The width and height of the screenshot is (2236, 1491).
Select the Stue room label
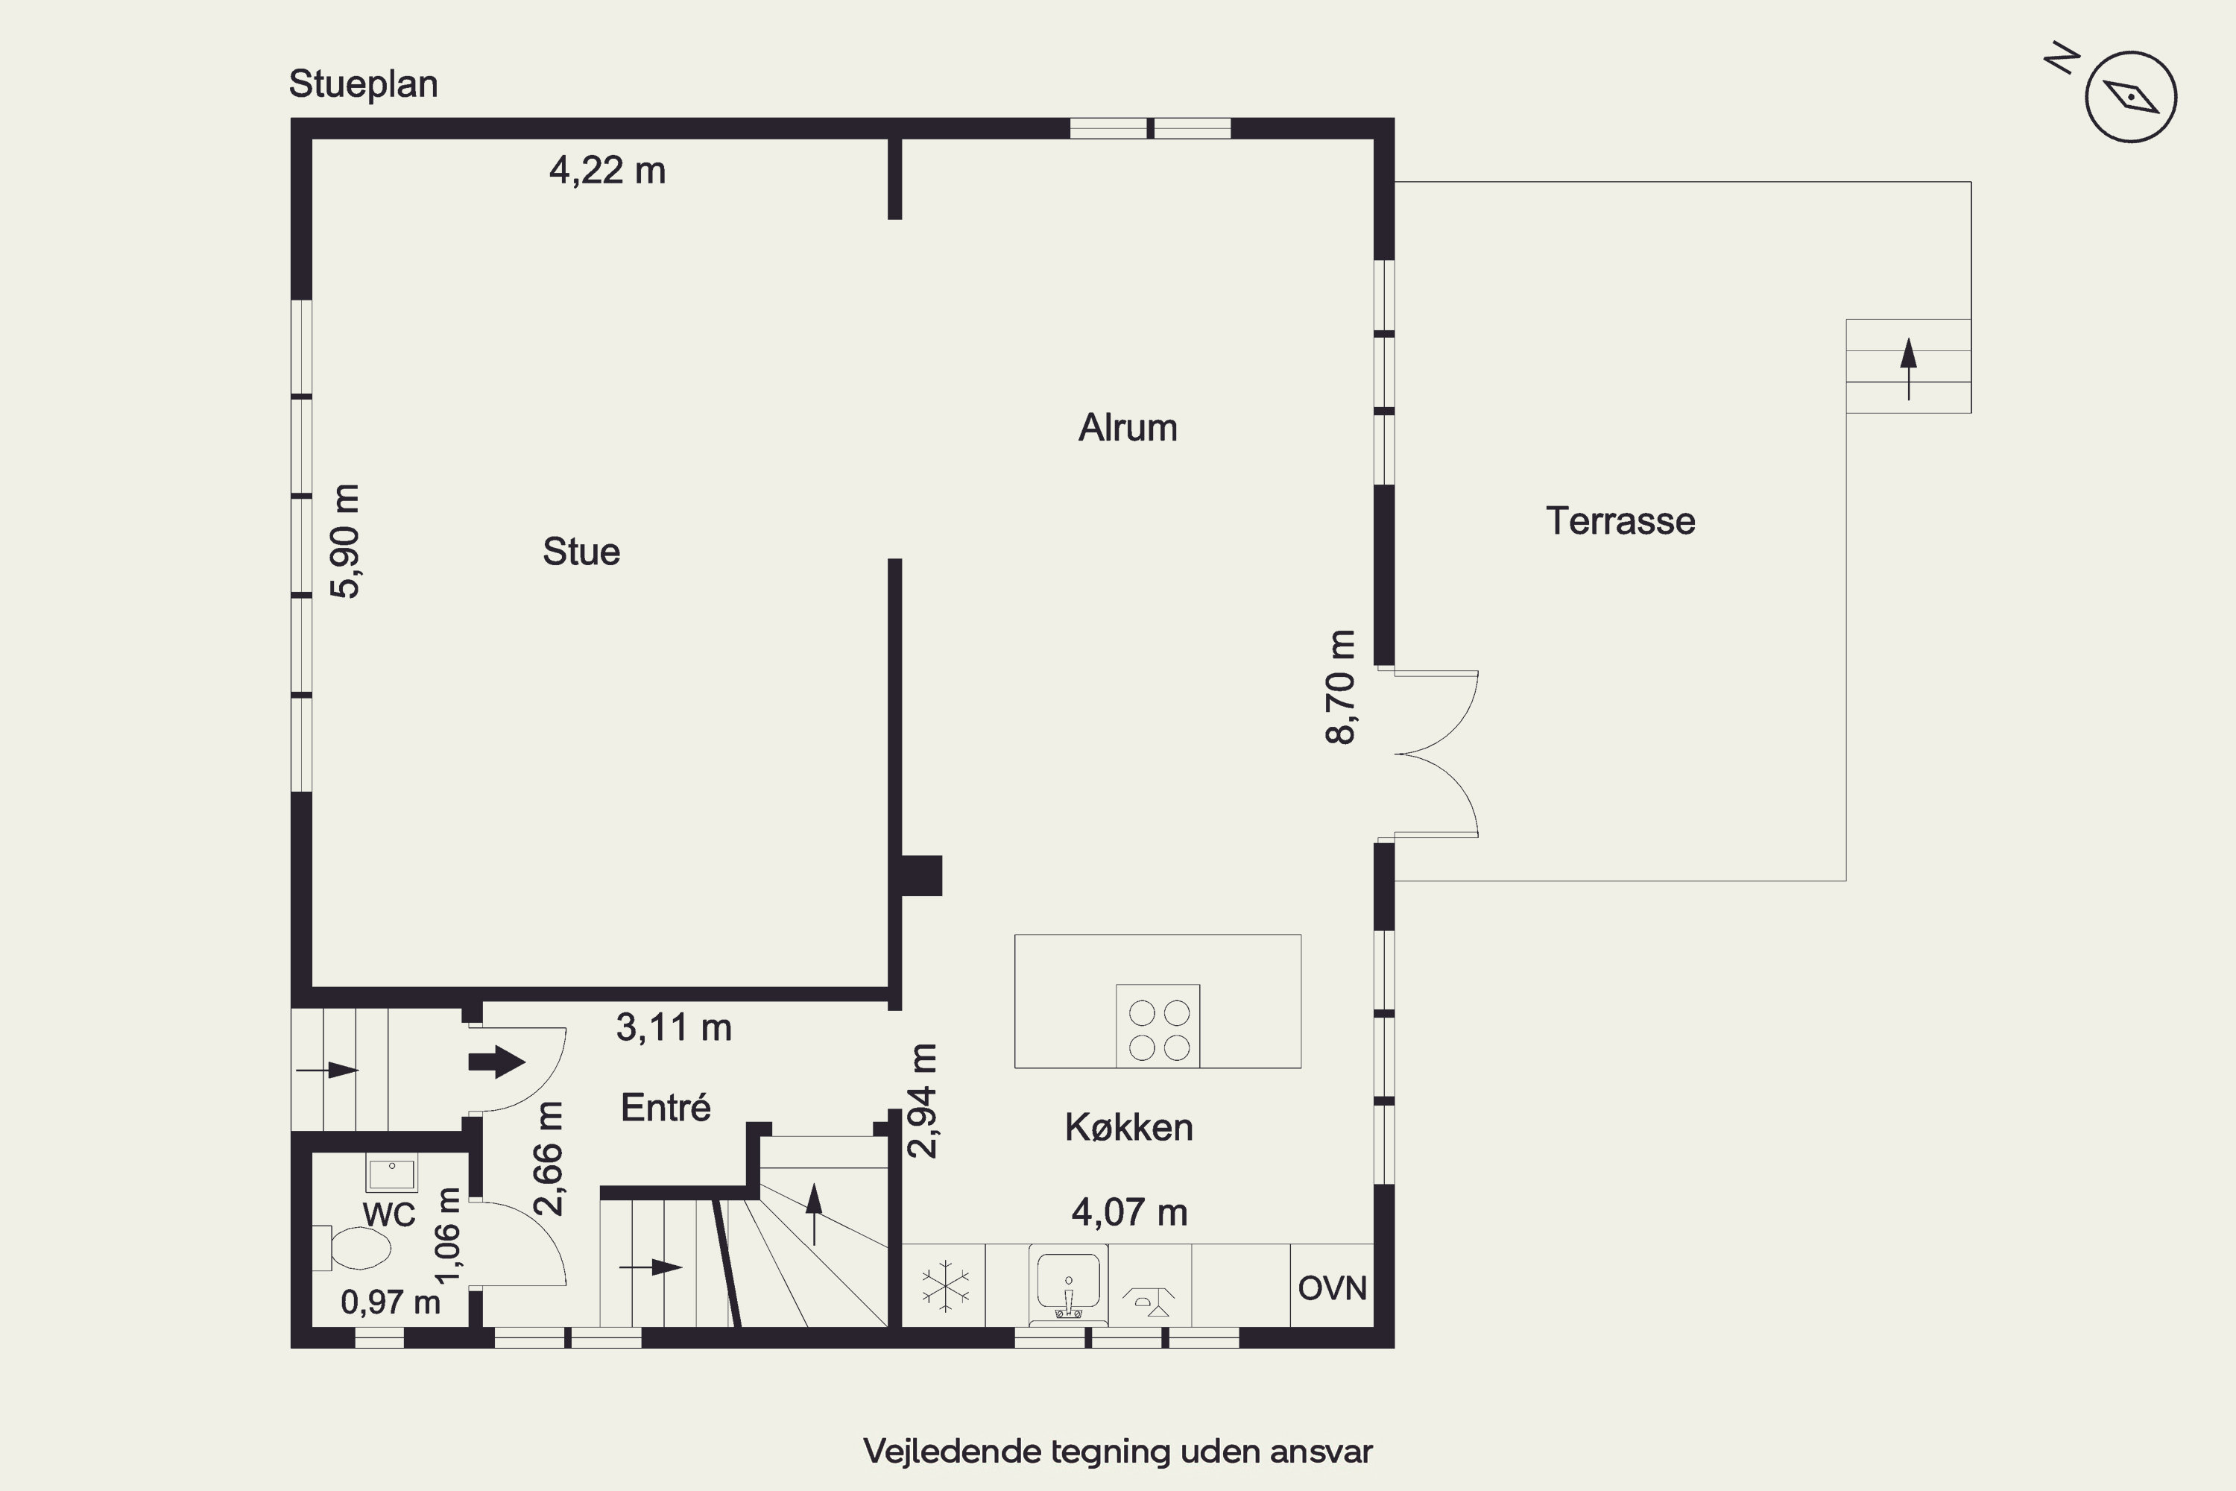tap(581, 552)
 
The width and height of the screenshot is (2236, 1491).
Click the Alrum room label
tap(1128, 428)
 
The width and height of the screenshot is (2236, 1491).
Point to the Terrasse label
tap(1620, 521)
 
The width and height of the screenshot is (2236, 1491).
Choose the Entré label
tap(666, 1107)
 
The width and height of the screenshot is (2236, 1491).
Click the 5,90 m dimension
tap(345, 541)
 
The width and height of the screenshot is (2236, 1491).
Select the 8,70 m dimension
tap(1340, 687)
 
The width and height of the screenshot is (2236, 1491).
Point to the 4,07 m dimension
tap(1129, 1212)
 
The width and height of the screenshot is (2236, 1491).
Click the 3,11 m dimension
tap(674, 1027)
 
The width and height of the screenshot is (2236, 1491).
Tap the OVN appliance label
tap(1332, 1288)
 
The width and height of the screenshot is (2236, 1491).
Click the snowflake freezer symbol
tap(946, 1285)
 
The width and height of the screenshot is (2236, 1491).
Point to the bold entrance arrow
tap(496, 1062)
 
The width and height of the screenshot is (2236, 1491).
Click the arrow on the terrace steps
tap(1908, 369)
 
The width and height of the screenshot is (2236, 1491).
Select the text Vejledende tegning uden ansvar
tap(1118, 1452)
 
